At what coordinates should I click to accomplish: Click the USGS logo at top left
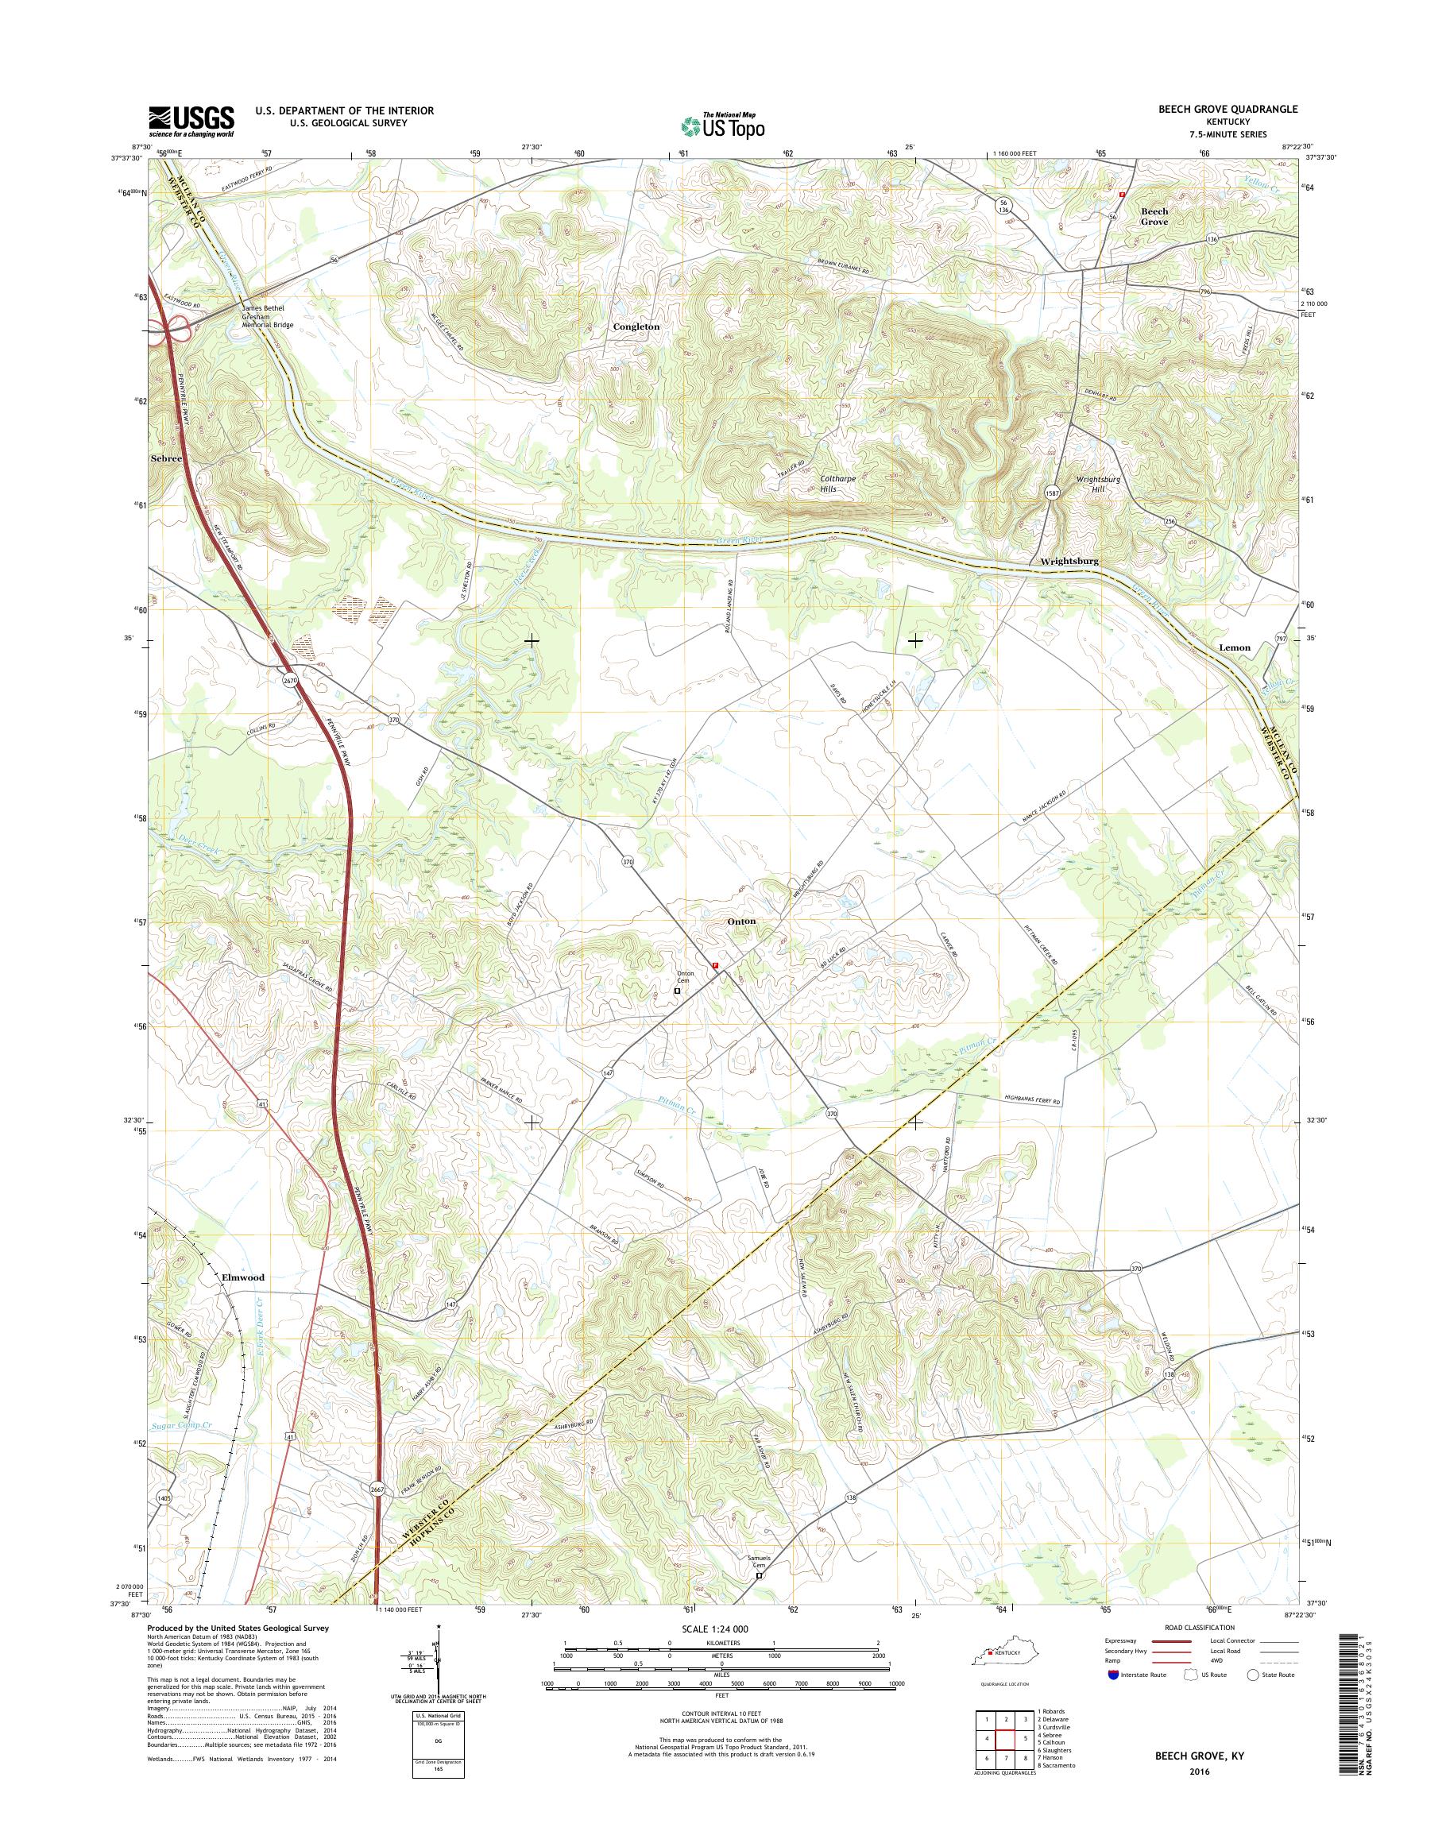192,120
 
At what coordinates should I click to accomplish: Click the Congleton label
636,326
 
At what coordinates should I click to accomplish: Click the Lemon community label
1235,647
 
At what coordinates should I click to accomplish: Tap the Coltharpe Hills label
838,484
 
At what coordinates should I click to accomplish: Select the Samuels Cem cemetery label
759,1562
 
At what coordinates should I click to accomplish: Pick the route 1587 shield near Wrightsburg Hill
1051,495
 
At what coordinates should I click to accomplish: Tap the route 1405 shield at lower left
164,1497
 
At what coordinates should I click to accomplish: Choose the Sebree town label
166,458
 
